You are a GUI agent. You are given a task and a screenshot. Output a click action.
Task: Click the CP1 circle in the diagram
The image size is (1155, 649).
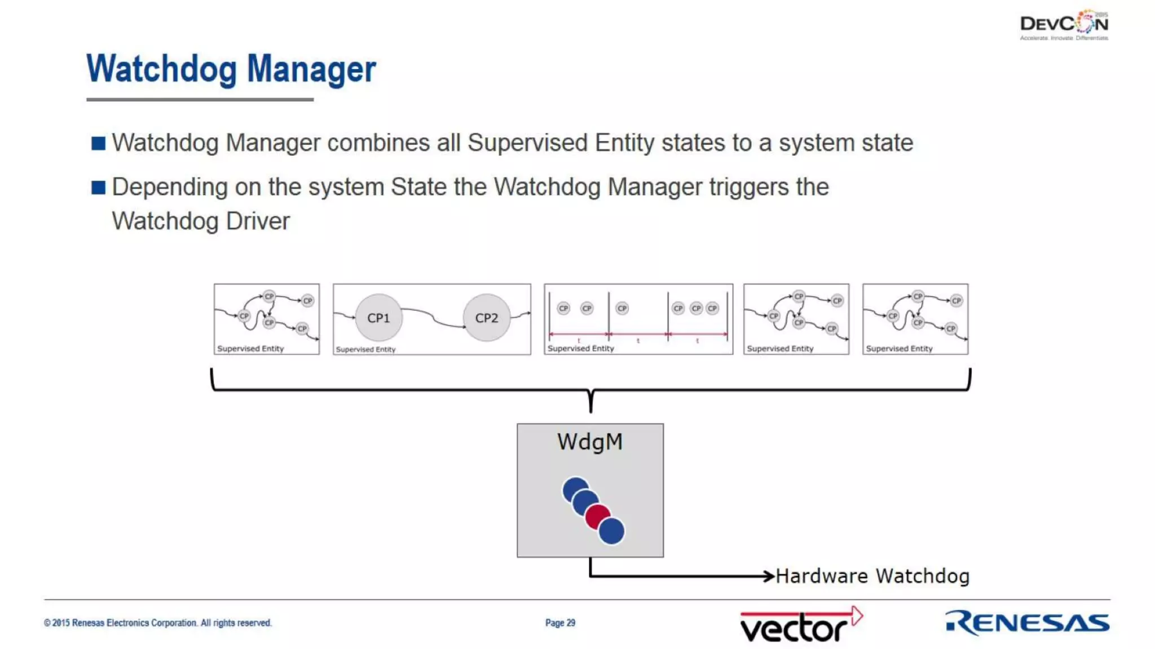378,318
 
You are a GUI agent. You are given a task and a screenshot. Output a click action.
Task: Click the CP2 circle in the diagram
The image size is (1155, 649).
486,318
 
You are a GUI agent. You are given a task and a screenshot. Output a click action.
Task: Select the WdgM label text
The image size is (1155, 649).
590,442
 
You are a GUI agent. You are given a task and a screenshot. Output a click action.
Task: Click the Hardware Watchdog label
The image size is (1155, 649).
872,576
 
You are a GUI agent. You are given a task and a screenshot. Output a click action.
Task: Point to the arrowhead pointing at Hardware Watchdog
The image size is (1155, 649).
768,576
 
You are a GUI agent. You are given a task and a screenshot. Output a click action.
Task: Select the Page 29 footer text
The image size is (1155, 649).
560,623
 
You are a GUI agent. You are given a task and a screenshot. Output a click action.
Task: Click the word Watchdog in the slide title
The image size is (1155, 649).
161,69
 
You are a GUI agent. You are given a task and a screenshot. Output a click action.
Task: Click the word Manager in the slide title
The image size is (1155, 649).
311,69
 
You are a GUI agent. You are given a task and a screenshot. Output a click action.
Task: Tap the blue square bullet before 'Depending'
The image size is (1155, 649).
98,188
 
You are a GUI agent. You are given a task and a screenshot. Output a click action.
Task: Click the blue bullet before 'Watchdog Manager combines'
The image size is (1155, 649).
98,143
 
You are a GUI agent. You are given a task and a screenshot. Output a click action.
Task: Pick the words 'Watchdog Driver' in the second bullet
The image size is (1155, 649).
201,221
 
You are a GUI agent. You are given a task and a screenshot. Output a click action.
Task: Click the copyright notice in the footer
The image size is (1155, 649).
158,623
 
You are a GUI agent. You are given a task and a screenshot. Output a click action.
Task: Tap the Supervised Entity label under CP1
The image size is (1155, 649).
365,349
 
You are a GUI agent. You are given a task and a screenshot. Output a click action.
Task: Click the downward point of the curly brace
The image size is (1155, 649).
590,410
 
